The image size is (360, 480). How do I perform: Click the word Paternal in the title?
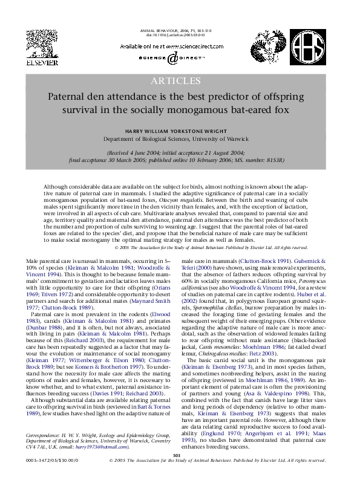pyautogui.click(x=71, y=97)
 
